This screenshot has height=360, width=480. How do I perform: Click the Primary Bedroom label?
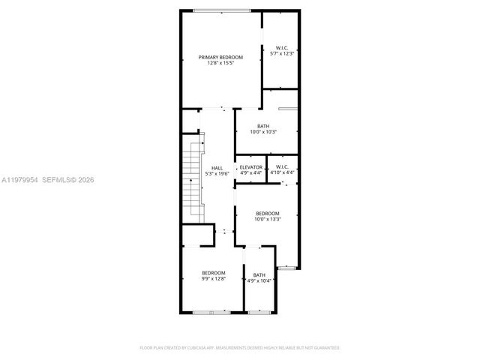(220, 58)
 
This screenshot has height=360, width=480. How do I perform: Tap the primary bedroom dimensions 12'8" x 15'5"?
(220, 63)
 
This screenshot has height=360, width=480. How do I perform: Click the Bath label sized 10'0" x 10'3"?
(263, 126)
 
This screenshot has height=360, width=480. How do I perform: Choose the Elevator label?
(251, 166)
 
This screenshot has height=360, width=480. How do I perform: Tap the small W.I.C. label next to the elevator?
(282, 166)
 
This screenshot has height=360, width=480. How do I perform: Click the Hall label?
(217, 168)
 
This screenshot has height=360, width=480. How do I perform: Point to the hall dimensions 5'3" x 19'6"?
(217, 173)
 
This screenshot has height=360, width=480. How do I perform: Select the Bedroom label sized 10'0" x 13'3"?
(267, 214)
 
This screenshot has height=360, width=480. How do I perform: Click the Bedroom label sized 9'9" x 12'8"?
(213, 273)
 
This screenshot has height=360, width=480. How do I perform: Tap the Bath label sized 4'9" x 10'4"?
(259, 275)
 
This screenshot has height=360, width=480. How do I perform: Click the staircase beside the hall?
(193, 176)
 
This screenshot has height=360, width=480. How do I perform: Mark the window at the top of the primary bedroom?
(222, 10)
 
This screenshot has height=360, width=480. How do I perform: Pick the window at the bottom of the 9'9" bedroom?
(211, 311)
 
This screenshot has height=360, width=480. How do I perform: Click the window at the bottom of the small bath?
(259, 311)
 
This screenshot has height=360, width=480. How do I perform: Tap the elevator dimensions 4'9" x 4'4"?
(251, 172)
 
